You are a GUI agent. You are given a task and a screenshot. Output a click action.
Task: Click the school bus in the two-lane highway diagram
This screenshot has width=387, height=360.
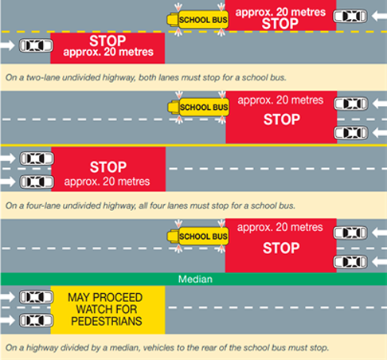pos(197,20)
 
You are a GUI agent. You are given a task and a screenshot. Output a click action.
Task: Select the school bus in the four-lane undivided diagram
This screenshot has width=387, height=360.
pos(198,108)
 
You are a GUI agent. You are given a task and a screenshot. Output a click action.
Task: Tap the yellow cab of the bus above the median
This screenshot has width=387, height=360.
pos(173,237)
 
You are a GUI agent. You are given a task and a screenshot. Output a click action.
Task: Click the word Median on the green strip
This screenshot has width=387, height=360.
pos(195,280)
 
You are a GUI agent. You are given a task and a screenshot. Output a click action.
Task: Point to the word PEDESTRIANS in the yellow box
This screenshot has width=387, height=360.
pos(107,321)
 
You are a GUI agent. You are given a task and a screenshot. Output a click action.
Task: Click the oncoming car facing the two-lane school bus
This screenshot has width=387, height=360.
pos(36,45)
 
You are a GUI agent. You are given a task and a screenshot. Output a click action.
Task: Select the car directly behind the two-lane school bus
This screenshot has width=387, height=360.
pos(350,16)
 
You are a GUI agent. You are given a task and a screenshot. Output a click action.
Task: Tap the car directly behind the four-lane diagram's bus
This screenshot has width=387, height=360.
pos(351,104)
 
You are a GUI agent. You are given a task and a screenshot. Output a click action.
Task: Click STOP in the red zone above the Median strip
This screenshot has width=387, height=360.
pos(281,248)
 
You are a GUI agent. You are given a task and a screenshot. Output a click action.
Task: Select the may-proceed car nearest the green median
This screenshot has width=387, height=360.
pos(36,297)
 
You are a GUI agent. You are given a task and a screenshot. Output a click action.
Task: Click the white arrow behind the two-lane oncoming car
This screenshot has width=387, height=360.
pos(7,45)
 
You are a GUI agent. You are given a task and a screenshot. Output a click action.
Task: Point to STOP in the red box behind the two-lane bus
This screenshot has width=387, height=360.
pos(280,24)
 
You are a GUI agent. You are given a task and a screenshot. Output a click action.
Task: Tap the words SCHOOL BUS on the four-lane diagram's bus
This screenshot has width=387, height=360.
pos(204,108)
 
